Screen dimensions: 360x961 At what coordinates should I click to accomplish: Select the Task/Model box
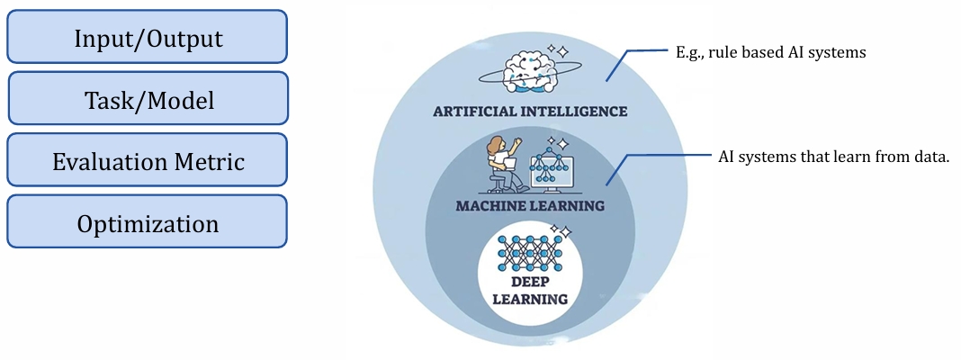tap(148, 99)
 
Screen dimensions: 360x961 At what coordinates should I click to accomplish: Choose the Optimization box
tap(148, 222)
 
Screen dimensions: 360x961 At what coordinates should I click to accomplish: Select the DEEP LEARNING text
tap(529, 290)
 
